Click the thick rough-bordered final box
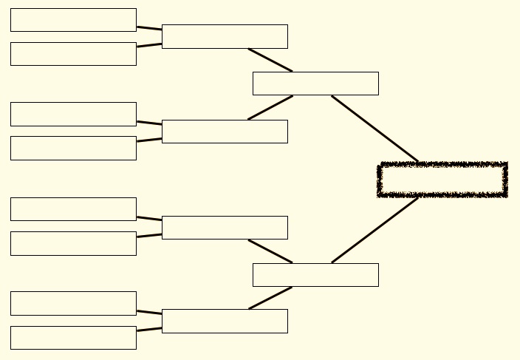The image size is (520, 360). point(442,180)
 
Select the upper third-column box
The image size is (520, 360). point(315,84)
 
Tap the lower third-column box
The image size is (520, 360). point(315,275)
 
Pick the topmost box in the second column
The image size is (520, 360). point(225,36)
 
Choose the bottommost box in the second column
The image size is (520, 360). point(225,321)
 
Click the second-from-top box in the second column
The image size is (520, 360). point(225,132)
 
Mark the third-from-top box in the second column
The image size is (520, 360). point(225,228)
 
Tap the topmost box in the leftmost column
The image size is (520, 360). point(73,20)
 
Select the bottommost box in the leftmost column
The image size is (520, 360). point(73,338)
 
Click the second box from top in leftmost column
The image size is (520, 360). point(73,54)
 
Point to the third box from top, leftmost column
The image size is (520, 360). point(73,114)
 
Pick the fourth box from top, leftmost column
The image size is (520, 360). point(73,148)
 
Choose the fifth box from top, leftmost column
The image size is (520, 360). point(73,209)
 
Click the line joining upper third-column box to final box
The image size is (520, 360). point(374,129)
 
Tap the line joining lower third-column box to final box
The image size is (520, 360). point(374,230)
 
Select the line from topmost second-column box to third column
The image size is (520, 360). point(270,60)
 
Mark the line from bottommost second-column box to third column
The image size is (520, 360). point(270,298)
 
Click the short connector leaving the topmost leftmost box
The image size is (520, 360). point(149,28)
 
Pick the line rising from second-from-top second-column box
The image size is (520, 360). point(270,107)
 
